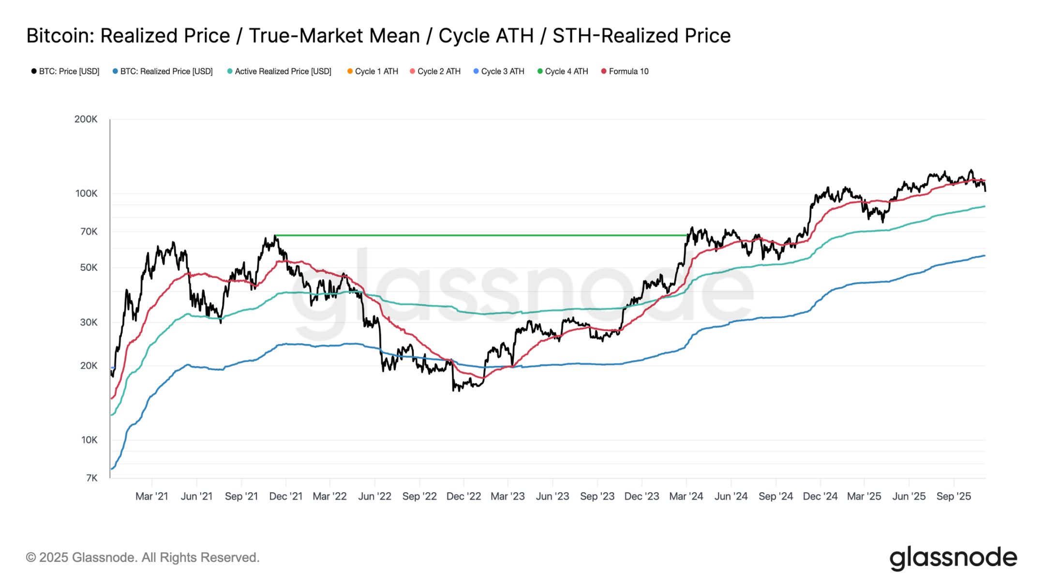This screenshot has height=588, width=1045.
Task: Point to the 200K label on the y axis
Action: (x=86, y=120)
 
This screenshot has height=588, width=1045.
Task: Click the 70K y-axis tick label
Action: (x=89, y=232)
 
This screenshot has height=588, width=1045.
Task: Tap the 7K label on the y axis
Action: (x=91, y=478)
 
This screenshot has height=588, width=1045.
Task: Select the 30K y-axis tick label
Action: (x=89, y=322)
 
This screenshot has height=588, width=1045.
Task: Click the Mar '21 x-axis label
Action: (x=152, y=497)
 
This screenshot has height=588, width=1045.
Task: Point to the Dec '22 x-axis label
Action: (x=463, y=497)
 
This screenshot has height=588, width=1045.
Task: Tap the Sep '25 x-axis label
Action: (x=954, y=497)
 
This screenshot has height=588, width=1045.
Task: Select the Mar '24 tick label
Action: (x=686, y=497)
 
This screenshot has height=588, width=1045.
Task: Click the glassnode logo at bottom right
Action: (x=953, y=558)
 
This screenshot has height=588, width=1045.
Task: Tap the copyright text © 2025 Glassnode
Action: (x=143, y=558)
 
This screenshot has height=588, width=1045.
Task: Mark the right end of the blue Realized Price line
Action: (x=984, y=256)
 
